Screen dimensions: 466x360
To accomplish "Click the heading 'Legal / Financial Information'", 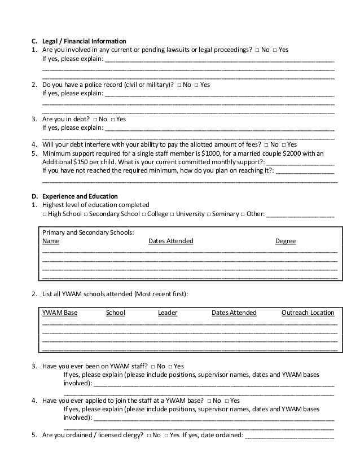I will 84,41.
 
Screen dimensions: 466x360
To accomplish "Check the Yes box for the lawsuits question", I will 275,50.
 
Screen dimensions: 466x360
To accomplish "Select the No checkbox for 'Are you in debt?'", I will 95,119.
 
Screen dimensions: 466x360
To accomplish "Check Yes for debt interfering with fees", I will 283,144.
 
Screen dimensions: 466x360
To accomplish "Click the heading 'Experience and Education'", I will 78,196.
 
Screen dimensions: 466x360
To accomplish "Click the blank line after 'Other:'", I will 300,214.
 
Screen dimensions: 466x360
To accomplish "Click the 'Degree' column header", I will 285,241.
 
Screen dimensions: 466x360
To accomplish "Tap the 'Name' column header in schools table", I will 51,241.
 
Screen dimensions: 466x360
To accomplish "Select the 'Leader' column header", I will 168,313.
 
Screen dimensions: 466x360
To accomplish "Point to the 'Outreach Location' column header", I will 308,313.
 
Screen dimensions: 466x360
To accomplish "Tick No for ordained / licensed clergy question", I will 148,434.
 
